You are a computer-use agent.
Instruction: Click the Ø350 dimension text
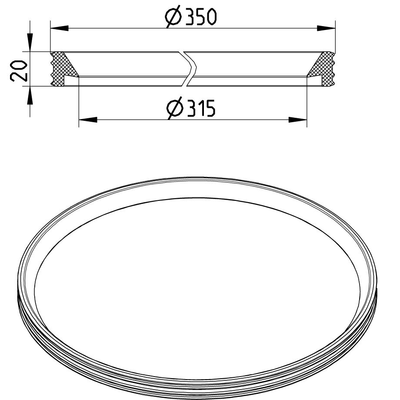pyautogui.click(x=191, y=17)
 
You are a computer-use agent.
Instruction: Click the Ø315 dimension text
pyautogui.click(x=191, y=108)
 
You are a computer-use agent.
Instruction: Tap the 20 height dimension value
pyautogui.click(x=19, y=71)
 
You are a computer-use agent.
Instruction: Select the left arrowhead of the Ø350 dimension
pyautogui.click(x=60, y=28)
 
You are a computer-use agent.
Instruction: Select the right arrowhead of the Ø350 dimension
pyautogui.click(x=326, y=28)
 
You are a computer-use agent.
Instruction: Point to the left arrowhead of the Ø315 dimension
pyautogui.click(x=88, y=120)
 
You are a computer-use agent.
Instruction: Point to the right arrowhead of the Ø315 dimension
pyautogui.click(x=298, y=120)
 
